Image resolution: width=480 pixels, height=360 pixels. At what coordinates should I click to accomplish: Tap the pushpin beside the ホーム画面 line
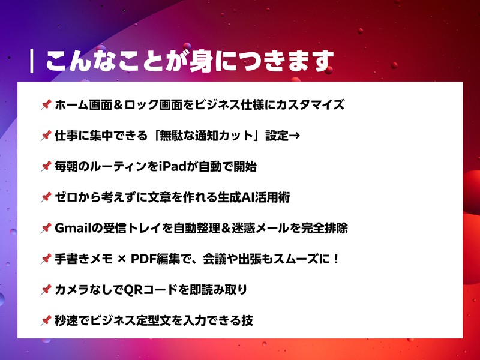pos(45,105)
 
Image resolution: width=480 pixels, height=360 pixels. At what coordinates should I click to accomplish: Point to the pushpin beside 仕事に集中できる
pos(45,136)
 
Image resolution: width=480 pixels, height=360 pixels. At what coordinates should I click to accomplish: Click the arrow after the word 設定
pos(294,136)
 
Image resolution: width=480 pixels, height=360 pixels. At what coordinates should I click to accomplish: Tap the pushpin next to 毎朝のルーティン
pos(45,167)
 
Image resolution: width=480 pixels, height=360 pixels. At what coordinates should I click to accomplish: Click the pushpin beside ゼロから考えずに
pos(45,197)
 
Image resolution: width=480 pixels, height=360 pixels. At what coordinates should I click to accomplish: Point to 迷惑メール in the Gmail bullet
pos(271,229)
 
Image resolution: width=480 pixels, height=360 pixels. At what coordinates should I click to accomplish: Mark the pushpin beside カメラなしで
pos(45,290)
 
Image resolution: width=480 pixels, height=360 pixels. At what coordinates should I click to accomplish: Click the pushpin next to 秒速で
pos(45,321)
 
